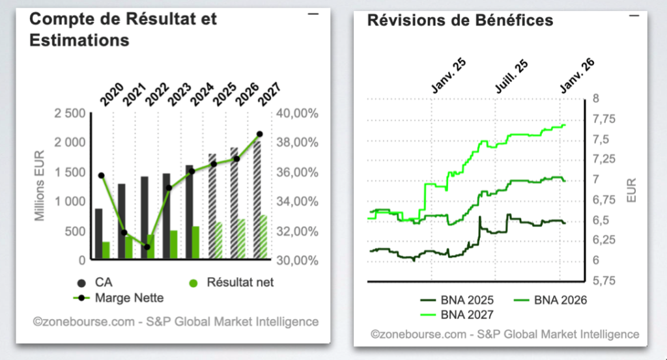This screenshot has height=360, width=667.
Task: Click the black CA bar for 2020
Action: pyautogui.click(x=98, y=234)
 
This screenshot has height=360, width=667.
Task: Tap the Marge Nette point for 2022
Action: pyautogui.click(x=147, y=247)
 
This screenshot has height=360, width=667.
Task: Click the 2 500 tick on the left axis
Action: pyautogui.click(x=69, y=114)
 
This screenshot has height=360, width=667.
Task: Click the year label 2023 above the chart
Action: pyautogui.click(x=178, y=95)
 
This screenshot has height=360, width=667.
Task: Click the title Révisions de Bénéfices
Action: pyautogui.click(x=461, y=20)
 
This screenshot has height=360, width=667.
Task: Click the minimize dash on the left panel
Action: pyautogui.click(x=313, y=14)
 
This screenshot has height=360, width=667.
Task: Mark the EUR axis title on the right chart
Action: pyautogui.click(x=631, y=189)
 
